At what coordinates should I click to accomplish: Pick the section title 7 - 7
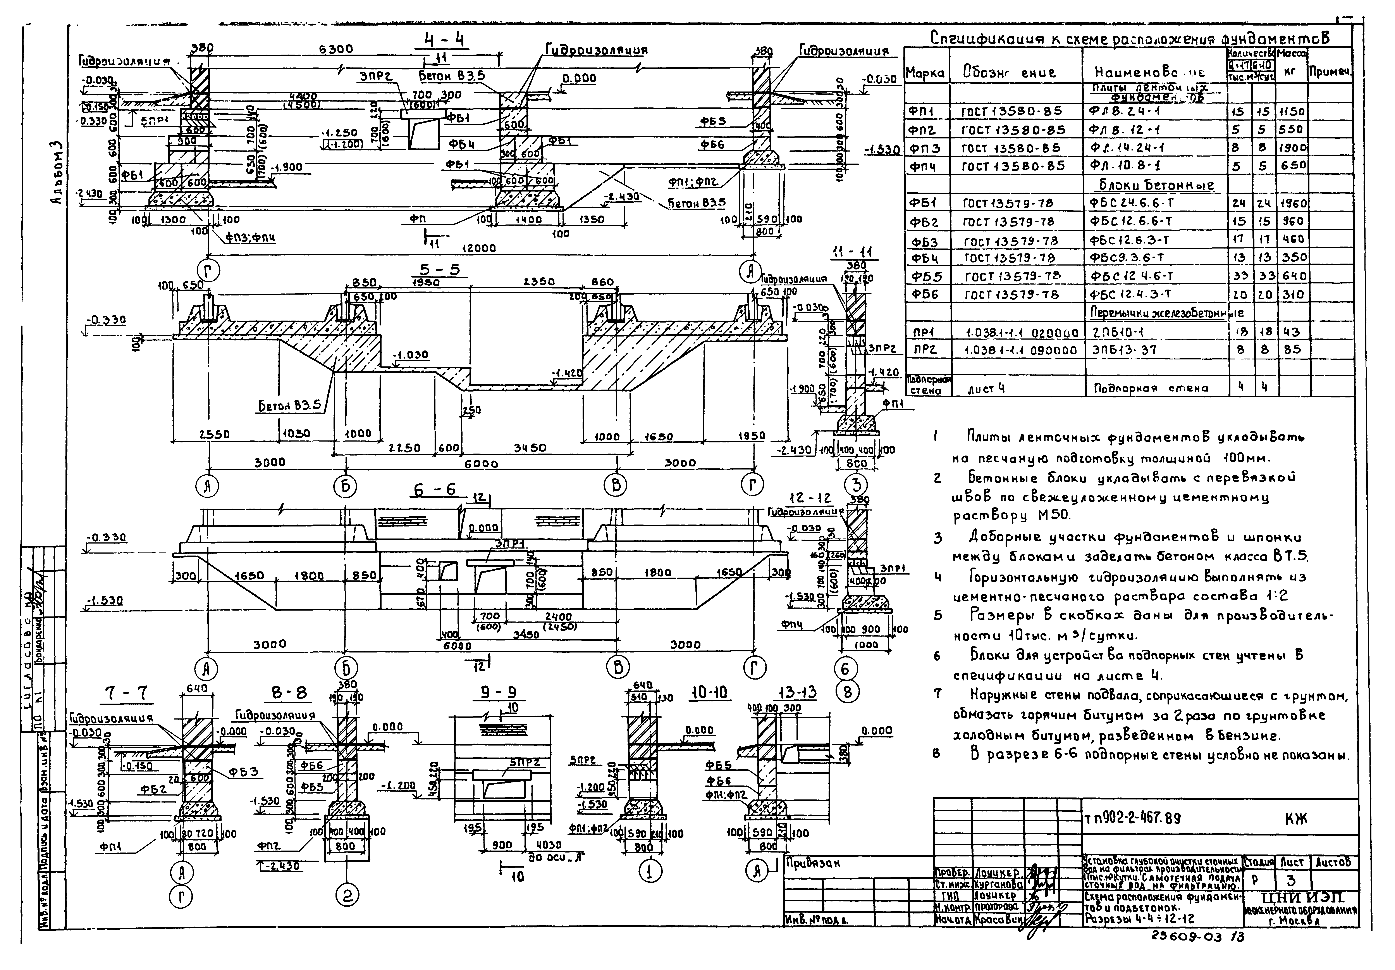(x=126, y=694)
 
